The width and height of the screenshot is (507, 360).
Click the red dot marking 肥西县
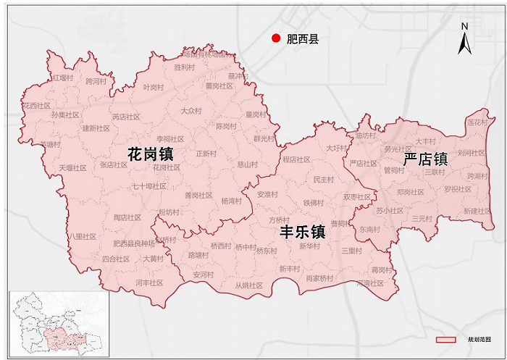pyautogui.click(x=275, y=39)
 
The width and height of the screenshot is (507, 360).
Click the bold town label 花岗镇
pyautogui.click(x=150, y=154)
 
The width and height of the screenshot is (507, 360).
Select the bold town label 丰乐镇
pyautogui.click(x=303, y=232)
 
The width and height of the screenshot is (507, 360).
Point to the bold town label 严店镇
pyautogui.click(x=425, y=159)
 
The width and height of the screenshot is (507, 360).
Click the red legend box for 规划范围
pyautogui.click(x=445, y=339)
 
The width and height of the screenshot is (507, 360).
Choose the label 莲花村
pyautogui.click(x=477, y=122)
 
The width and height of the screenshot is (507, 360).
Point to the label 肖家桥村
pyautogui.click(x=319, y=278)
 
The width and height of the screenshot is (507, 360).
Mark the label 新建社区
pyautogui.click(x=477, y=211)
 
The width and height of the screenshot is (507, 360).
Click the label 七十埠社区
pyautogui.click(x=149, y=186)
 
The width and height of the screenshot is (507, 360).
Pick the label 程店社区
pyautogui.click(x=296, y=159)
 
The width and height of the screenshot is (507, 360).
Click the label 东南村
pyautogui.click(x=369, y=229)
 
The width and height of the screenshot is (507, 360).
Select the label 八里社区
pyautogui.click(x=83, y=236)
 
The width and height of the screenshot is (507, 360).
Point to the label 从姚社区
pyautogui.click(x=248, y=285)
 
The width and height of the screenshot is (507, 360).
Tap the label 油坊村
pyautogui.click(x=365, y=135)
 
